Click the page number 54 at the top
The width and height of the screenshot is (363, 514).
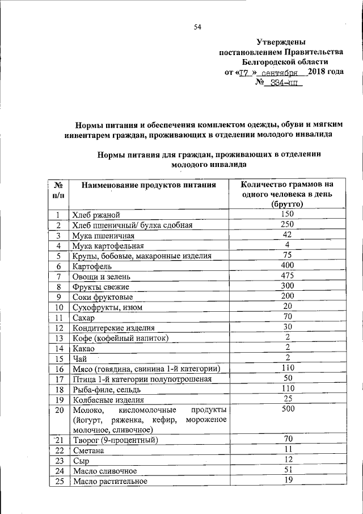click(x=197, y=27)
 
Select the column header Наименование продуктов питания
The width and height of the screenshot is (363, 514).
click(x=149, y=185)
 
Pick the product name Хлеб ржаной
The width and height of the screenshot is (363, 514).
click(x=95, y=215)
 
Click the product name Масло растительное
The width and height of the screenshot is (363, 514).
click(x=110, y=482)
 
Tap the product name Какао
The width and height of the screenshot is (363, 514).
click(x=83, y=348)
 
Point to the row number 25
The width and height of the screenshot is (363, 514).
click(x=58, y=482)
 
